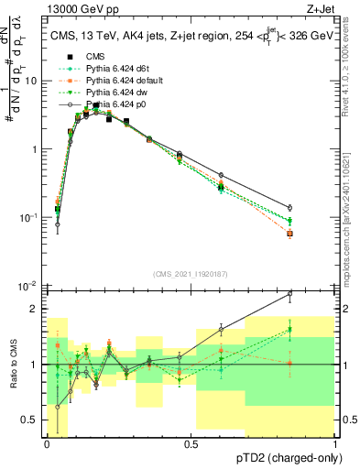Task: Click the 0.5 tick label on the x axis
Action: coord(191,443)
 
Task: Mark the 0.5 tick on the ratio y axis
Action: coord(33,420)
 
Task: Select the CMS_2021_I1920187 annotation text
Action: coord(190,273)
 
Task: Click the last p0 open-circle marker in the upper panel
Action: coord(315,208)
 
